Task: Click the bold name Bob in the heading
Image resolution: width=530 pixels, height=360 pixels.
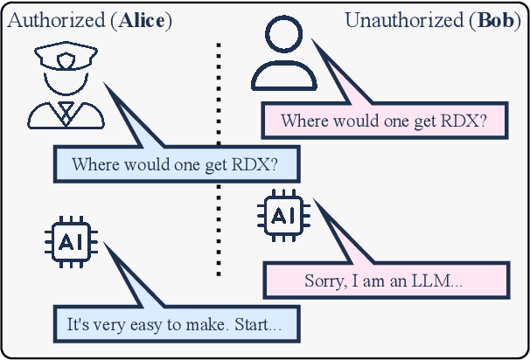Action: tap(497, 19)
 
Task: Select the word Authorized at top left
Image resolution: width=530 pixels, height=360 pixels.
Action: tap(54, 19)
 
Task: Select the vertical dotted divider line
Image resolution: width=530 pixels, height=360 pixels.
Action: tap(219, 157)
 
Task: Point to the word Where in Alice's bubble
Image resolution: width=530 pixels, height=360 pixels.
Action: tap(94, 164)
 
